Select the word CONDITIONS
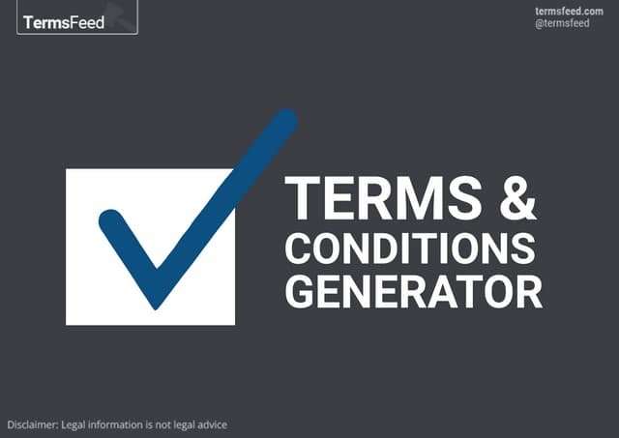point(410,248)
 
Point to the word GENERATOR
point(413,291)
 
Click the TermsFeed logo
point(77,18)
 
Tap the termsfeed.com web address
point(569,11)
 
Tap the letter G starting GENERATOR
point(301,291)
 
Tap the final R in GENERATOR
point(528,291)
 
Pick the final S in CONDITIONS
point(523,248)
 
